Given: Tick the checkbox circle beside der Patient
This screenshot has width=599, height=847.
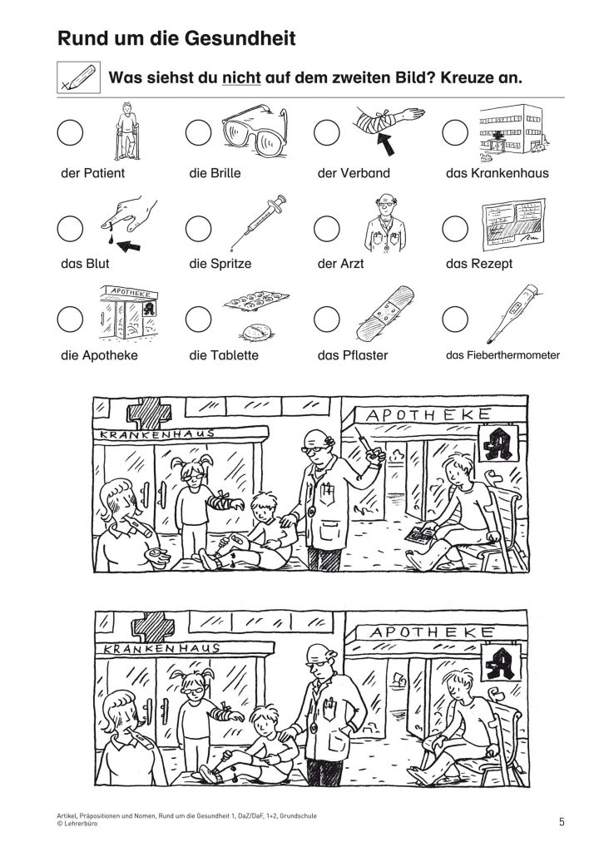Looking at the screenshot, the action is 70,132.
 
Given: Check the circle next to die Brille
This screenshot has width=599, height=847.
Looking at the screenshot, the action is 198,132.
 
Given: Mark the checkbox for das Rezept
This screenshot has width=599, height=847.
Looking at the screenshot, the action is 455,229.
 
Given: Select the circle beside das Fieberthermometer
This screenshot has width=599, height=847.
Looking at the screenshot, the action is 455,319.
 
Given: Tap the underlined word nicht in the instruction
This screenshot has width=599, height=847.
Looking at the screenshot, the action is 241,77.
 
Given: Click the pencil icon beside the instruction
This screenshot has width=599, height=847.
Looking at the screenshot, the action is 79,77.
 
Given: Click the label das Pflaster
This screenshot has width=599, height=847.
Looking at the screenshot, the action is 353,355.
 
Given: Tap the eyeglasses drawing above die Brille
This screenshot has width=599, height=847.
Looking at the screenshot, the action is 255,130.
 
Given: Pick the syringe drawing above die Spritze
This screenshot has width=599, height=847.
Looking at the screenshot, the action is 257,221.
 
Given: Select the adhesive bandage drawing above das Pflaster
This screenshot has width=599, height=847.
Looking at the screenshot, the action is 385,313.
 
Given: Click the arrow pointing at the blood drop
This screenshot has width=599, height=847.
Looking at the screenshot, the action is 128,246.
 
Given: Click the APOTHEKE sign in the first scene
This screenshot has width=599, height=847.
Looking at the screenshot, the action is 428,415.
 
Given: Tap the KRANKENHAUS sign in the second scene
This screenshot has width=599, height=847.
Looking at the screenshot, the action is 161,647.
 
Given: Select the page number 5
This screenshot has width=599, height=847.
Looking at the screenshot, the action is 562,821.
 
